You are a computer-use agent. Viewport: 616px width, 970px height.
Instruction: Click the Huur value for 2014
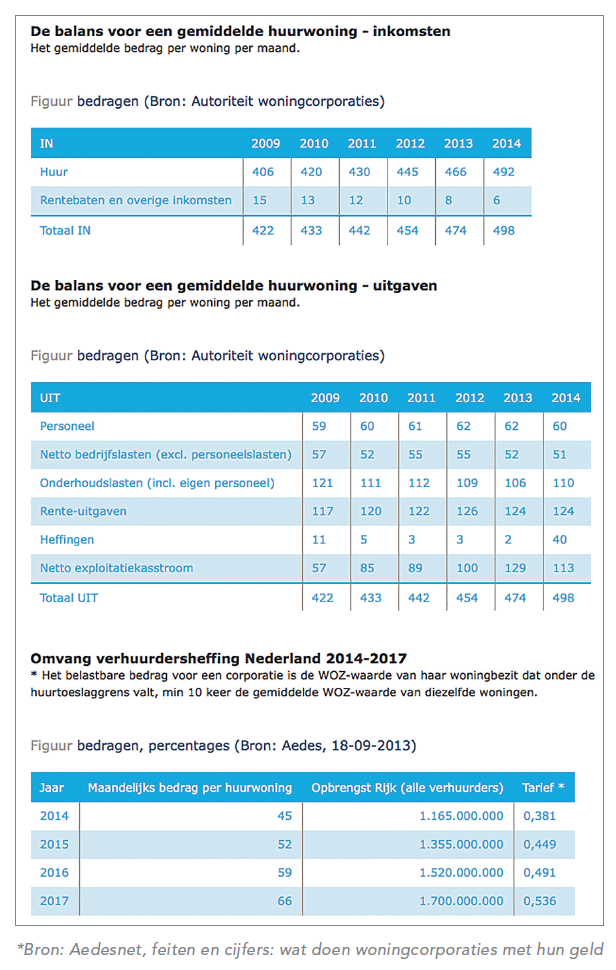[x=503, y=172]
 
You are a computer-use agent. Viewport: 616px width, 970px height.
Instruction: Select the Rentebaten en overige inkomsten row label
[x=135, y=200]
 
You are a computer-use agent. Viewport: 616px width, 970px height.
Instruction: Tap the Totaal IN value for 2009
[x=263, y=231]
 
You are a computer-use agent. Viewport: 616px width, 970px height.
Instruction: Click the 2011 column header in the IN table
[x=362, y=144]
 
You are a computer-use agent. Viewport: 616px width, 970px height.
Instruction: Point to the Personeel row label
[x=67, y=426]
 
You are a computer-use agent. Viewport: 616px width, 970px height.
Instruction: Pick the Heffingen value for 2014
[x=559, y=540]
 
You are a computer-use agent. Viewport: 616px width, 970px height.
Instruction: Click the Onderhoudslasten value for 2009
[x=322, y=483]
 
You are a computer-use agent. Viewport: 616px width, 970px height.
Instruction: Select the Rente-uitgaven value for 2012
[x=467, y=512]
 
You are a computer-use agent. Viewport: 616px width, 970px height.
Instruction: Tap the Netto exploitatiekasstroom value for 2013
[x=515, y=569]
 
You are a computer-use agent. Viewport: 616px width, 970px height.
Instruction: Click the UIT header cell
[x=50, y=398]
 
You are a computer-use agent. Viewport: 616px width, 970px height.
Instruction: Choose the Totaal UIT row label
[x=69, y=598]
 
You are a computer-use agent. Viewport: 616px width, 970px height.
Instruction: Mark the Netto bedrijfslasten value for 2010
[x=367, y=455]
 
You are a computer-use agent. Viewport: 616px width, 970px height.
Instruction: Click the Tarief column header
[x=543, y=788]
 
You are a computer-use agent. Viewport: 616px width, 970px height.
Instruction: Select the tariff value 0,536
[x=539, y=901]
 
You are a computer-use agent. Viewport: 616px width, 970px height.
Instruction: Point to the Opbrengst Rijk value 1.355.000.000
[x=461, y=844]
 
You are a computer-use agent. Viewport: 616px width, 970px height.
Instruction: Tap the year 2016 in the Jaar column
[x=54, y=873]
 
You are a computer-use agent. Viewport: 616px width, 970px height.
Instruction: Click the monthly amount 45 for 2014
[x=284, y=816]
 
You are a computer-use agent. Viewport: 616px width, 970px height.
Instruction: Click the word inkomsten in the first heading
[x=411, y=32]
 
